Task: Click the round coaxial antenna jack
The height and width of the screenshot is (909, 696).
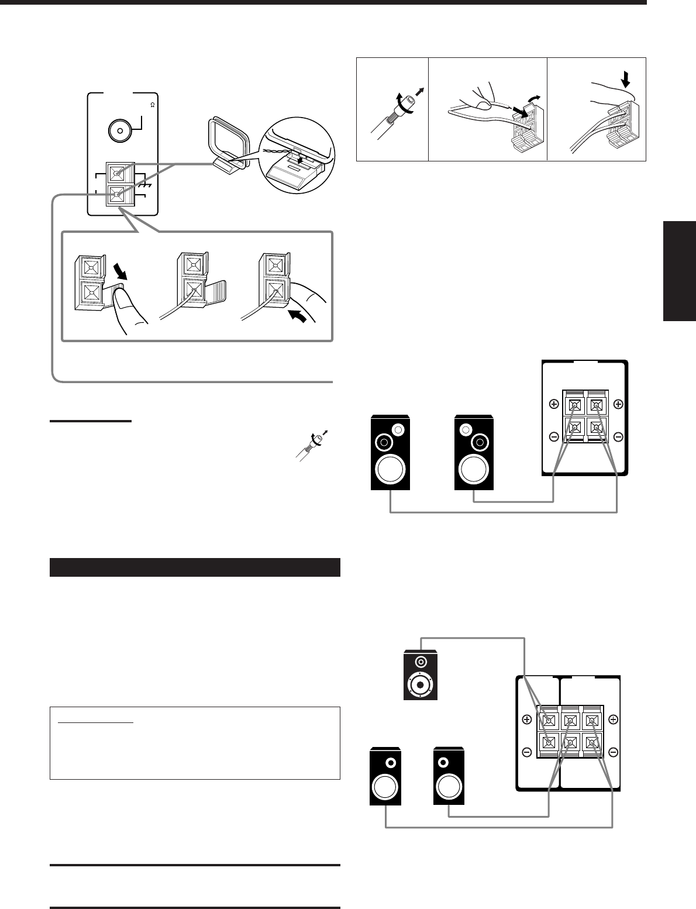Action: (x=120, y=132)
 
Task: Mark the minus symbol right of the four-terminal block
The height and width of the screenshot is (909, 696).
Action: (x=618, y=437)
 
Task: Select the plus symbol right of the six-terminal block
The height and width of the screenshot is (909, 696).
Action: (x=613, y=719)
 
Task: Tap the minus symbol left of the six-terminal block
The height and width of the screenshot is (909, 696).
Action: (x=526, y=752)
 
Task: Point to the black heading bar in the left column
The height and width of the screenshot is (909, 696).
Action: (x=195, y=567)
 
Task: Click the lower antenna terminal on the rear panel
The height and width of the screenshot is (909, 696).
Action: (x=119, y=195)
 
